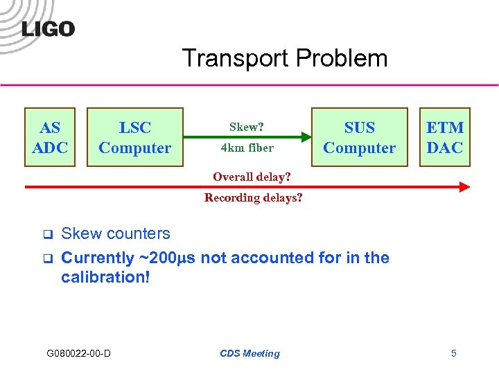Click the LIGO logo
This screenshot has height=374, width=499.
coord(48,28)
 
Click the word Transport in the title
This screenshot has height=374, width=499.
coord(229,58)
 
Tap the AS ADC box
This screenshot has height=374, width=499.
coord(51,137)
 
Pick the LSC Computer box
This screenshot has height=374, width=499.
coord(134,137)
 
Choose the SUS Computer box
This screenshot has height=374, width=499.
coord(359,137)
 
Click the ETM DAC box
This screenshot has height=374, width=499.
coord(445,137)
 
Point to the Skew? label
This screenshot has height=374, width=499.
coord(247,127)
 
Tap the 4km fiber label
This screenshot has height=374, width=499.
coord(247,148)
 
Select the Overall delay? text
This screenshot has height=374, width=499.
coord(252,177)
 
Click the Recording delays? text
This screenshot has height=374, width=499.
coord(254,197)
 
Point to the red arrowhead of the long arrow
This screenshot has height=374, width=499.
coord(464,186)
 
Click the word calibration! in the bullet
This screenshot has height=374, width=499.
coord(105,277)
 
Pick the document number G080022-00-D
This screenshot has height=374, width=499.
coord(78,353)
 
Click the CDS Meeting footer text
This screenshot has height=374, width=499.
coord(249,353)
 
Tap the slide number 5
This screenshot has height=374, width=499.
coord(453,353)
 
